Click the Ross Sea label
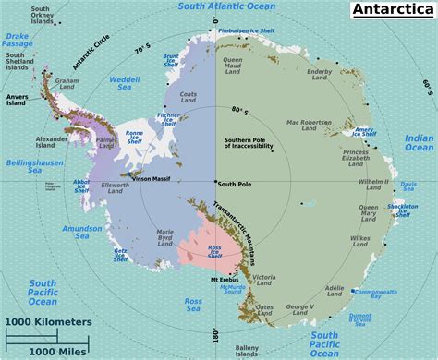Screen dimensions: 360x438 (193, 305)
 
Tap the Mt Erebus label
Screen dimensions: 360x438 (225, 280)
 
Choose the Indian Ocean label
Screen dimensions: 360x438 (419, 142)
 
